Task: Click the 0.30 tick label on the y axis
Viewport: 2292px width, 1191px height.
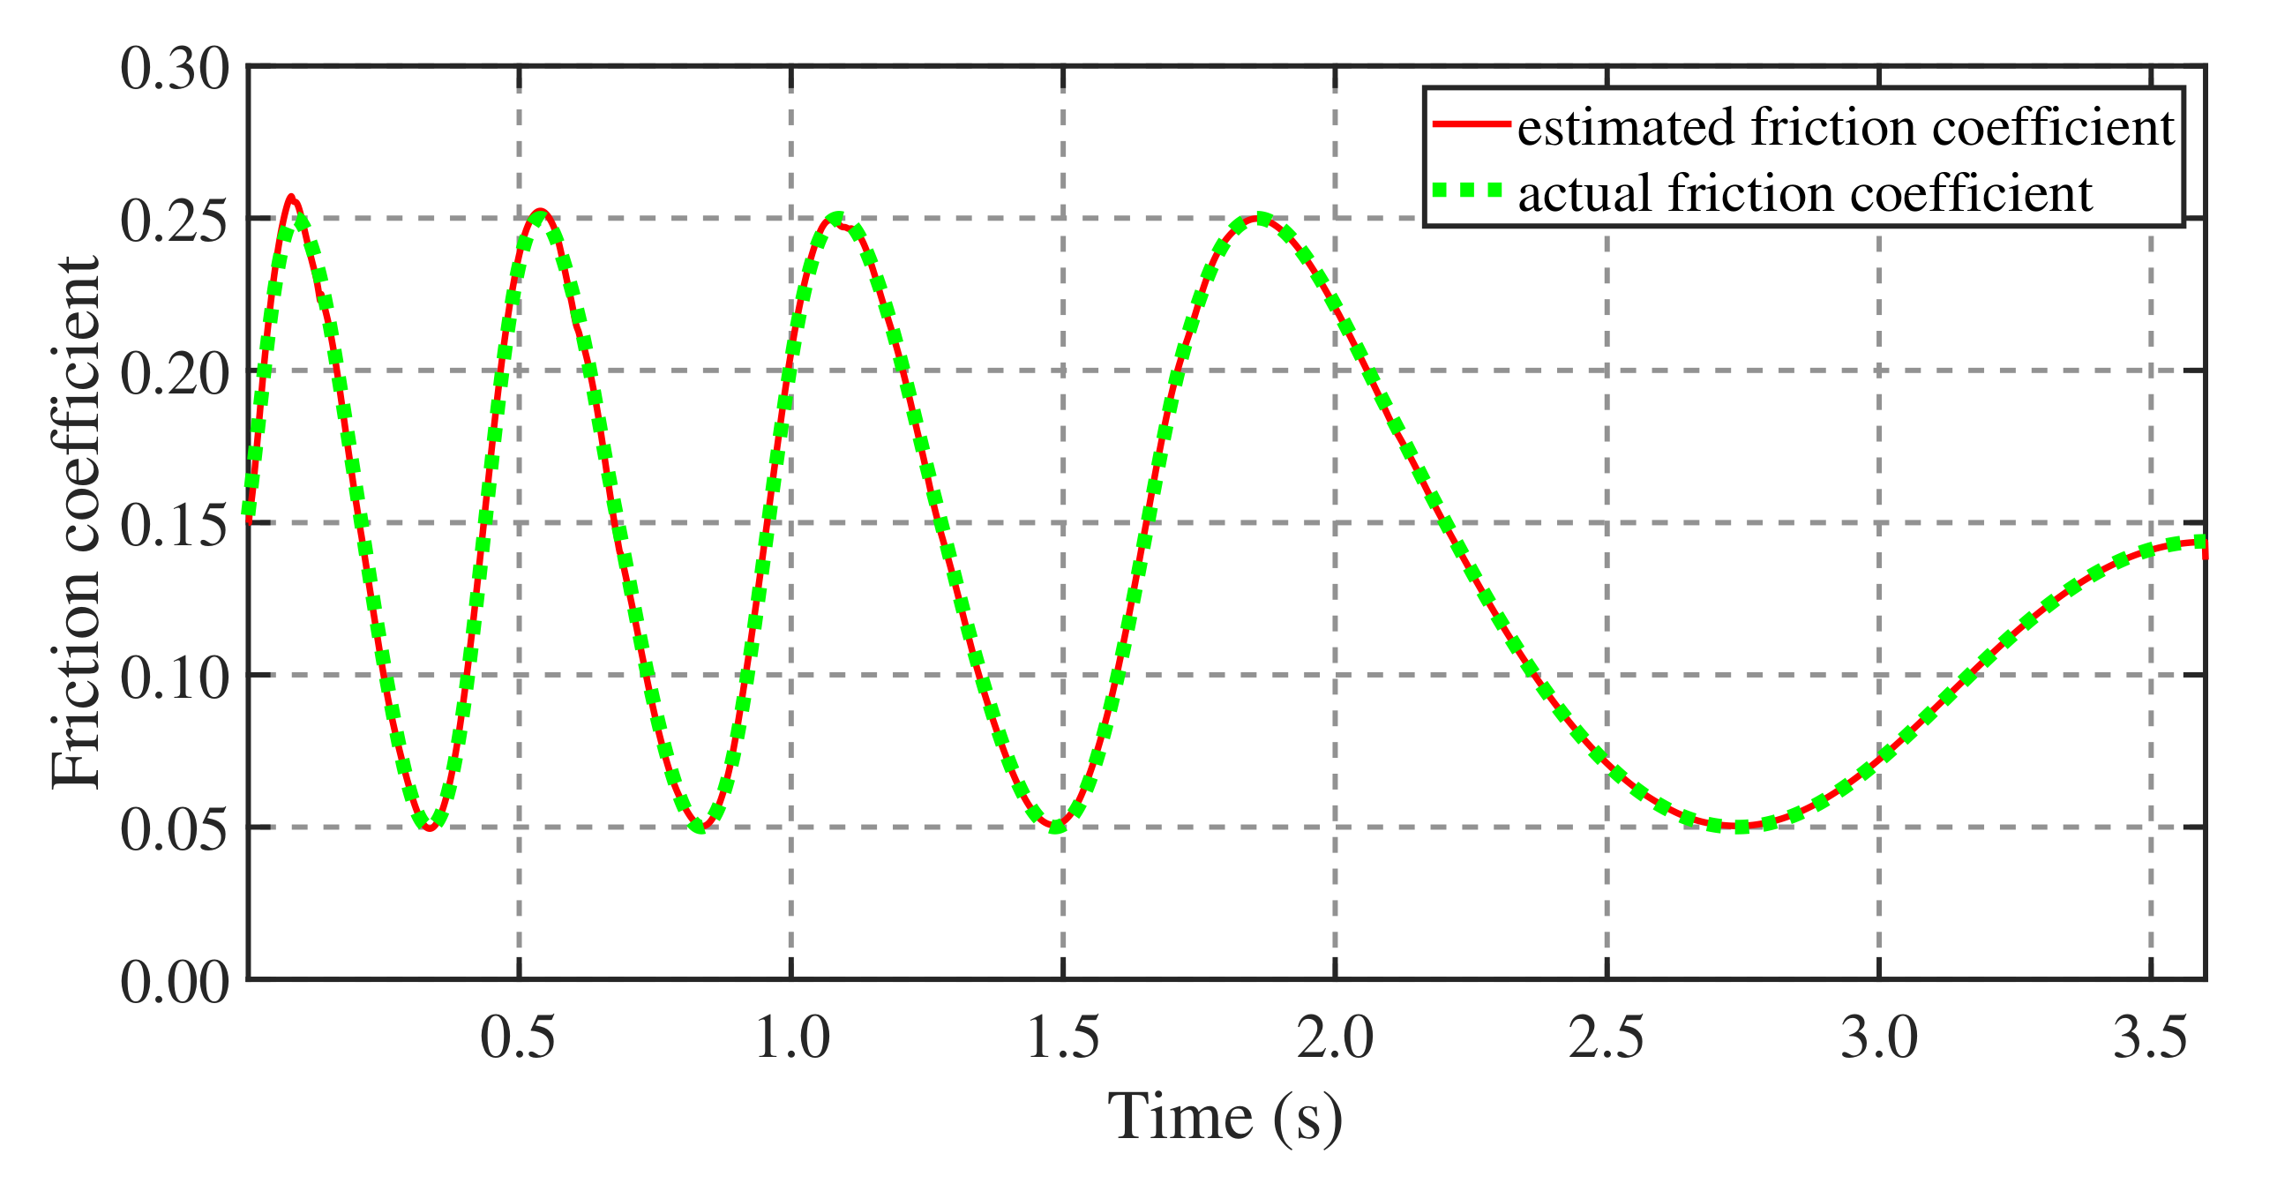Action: click(175, 69)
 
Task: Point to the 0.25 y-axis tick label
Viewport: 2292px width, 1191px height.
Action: click(175, 221)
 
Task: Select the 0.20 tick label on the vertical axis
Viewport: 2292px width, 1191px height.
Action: click(175, 373)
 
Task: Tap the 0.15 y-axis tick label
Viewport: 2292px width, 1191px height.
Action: click(175, 526)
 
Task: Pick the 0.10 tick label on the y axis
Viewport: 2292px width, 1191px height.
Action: click(175, 678)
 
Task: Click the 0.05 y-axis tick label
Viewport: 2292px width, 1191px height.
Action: click(175, 830)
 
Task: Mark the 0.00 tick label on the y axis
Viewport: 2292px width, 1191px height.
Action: click(175, 983)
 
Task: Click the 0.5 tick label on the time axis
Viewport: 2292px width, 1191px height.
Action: click(518, 1037)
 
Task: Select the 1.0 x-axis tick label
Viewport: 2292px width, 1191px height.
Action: click(791, 1037)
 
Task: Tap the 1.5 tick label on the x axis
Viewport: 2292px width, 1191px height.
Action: click(1063, 1037)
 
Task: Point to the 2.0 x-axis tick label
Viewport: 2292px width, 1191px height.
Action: click(1335, 1037)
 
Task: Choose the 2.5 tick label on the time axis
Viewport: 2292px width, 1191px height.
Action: click(1607, 1037)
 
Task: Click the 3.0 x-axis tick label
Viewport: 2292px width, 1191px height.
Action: click(1879, 1037)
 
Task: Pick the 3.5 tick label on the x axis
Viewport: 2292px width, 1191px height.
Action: click(2151, 1037)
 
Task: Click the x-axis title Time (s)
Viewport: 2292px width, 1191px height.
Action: click(1225, 1116)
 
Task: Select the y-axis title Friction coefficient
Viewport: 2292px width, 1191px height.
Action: click(76, 522)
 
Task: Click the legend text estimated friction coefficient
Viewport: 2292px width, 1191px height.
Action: click(1846, 127)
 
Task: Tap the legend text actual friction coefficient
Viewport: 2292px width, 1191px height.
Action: click(1804, 193)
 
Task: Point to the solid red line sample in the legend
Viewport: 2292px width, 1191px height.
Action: click(1471, 124)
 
